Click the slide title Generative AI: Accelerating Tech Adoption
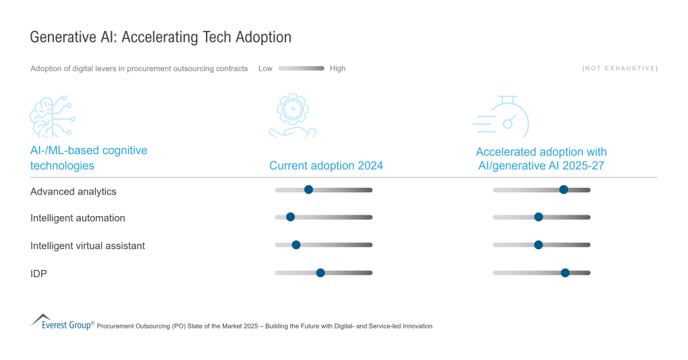coord(160,38)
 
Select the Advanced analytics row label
coord(73,192)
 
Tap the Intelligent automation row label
coord(77,218)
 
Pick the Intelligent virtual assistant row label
coord(88,246)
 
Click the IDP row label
coord(38,273)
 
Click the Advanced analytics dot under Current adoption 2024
coord(308,190)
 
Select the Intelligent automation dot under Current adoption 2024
coord(290,217)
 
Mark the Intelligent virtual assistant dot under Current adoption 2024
coord(296,244)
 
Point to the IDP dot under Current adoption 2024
coord(320,273)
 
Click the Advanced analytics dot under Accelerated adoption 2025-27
coord(563,190)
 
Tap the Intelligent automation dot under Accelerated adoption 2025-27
coord(538,217)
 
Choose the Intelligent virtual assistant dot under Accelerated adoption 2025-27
coord(538,244)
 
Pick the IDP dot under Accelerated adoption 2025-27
coord(565,273)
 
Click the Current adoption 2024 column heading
coord(326,166)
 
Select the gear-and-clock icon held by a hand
coord(292,116)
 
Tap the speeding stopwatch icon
coord(502,117)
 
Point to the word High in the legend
coord(337,69)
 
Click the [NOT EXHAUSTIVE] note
coord(619,69)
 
